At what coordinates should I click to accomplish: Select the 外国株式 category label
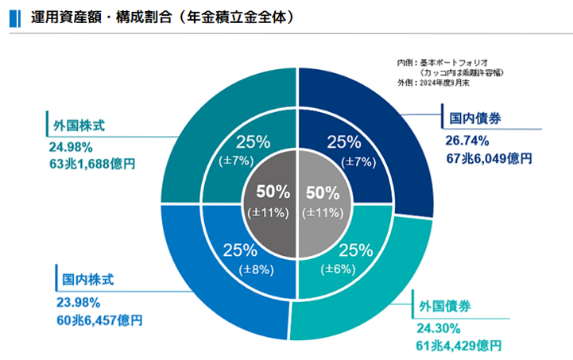tap(79, 126)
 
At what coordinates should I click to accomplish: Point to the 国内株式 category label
tap(89, 281)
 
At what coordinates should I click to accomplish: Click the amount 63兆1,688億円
tap(92, 165)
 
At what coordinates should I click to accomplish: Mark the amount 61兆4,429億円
tap(459, 346)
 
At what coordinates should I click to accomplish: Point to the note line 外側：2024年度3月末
tap(436, 82)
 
